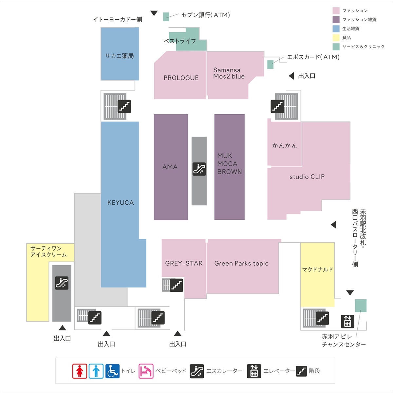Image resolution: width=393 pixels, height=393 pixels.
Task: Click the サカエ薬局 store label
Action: pyautogui.click(x=119, y=56)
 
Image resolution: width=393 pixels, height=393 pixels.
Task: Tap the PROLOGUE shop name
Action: pyautogui.click(x=181, y=78)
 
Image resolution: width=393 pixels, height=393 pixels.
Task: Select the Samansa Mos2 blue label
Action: pyautogui.click(x=229, y=73)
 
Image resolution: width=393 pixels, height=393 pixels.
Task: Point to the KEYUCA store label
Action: pyautogui.click(x=121, y=202)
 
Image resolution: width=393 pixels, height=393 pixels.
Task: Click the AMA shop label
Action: pyautogui.click(x=170, y=167)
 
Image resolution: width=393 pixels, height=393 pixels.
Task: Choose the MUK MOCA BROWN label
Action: pyautogui.click(x=230, y=164)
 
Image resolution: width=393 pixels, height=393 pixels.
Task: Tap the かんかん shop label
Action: pyautogui.click(x=284, y=146)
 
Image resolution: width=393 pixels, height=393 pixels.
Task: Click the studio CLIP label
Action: pyautogui.click(x=307, y=177)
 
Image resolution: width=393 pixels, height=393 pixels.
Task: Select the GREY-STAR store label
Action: pyautogui.click(x=184, y=263)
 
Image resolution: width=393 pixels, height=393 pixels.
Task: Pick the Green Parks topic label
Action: pyautogui.click(x=241, y=263)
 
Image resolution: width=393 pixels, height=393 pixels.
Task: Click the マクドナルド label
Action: pyautogui.click(x=317, y=270)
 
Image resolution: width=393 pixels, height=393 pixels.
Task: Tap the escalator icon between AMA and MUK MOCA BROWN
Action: pyautogui.click(x=199, y=169)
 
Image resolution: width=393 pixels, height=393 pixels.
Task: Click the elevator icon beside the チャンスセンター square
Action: pyautogui.click(x=347, y=321)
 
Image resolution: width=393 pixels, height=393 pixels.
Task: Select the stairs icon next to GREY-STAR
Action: pyautogui.click(x=177, y=285)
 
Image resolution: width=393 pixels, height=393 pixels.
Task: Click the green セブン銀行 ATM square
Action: pyautogui.click(x=166, y=16)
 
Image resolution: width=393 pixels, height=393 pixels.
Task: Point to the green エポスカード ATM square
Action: pyautogui.click(x=271, y=65)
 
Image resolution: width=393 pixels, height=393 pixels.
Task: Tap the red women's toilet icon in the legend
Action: pyautogui.click(x=80, y=371)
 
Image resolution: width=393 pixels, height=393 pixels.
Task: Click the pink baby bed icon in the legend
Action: pyautogui.click(x=146, y=371)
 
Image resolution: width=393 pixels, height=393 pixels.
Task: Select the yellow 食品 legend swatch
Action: pyautogui.click(x=336, y=38)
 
